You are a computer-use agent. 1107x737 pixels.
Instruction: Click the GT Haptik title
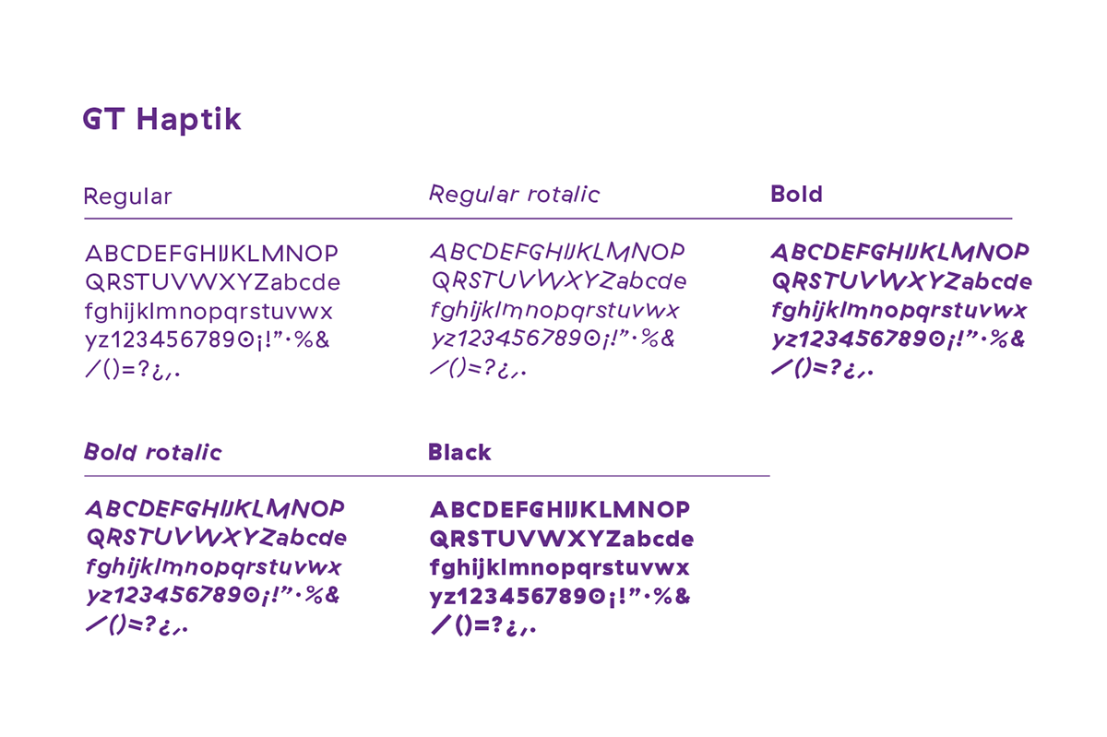tap(161, 120)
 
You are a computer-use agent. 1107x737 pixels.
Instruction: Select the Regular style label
tap(127, 197)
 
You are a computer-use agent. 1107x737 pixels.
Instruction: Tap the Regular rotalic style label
tap(514, 195)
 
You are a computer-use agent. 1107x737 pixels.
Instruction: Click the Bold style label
tap(796, 195)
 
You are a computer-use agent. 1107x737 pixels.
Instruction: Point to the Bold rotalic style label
tap(153, 452)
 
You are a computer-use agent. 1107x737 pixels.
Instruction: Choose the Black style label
tap(459, 452)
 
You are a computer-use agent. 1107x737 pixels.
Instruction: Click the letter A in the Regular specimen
tap(93, 254)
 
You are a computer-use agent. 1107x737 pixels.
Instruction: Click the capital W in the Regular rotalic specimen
tap(550, 279)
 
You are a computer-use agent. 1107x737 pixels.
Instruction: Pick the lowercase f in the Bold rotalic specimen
tap(91, 567)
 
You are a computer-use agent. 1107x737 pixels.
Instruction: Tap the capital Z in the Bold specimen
tap(952, 281)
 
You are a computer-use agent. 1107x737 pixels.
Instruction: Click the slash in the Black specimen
tap(441, 624)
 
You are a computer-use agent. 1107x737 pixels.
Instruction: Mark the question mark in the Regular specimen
tap(143, 368)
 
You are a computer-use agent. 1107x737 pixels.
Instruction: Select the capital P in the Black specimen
tap(681, 509)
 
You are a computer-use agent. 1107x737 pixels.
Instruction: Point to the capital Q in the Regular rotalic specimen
tap(440, 280)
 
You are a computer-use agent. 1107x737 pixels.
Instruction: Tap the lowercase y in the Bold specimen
tap(780, 340)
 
